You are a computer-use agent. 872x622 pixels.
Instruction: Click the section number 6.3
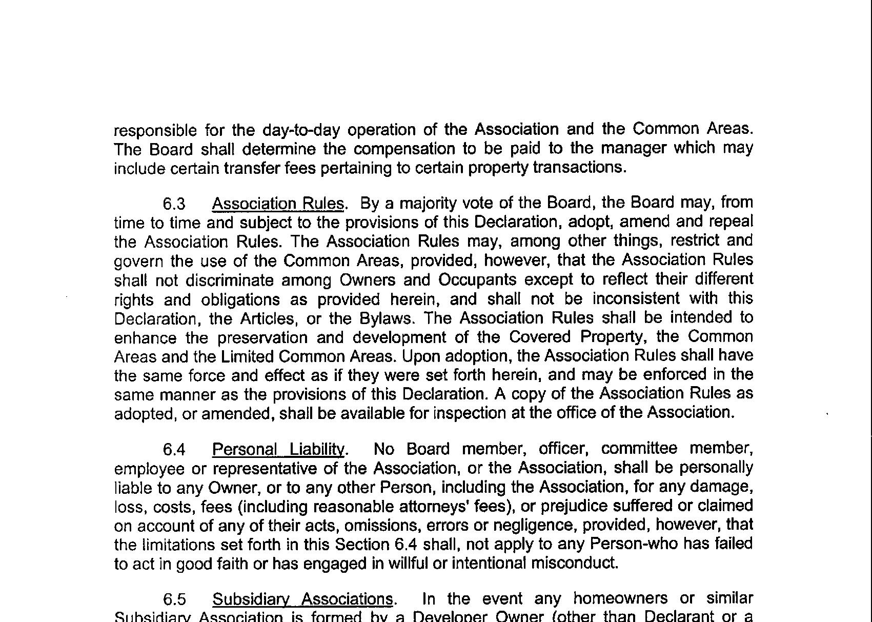[x=174, y=204]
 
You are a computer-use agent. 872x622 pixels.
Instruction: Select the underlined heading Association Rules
[x=277, y=204]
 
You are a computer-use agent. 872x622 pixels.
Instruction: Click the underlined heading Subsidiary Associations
[x=302, y=599]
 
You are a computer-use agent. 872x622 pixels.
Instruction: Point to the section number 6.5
[x=174, y=599]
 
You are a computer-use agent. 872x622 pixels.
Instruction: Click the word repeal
[x=731, y=222]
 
